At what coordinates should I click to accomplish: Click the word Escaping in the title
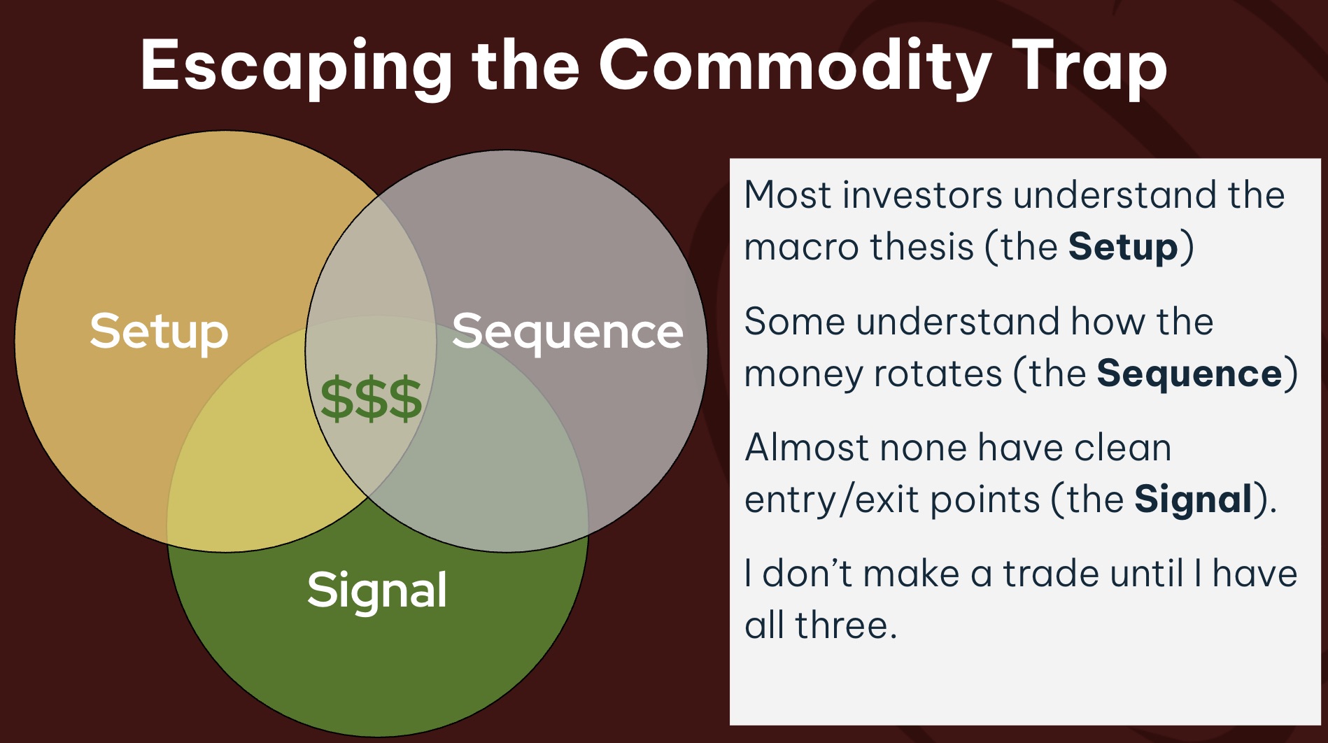point(296,67)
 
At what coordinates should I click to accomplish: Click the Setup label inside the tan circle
point(159,332)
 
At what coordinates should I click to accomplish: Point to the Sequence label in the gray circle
point(567,332)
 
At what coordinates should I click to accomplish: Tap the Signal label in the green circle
point(377,591)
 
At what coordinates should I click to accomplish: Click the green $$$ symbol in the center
point(371,398)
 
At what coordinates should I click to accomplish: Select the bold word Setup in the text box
point(1123,248)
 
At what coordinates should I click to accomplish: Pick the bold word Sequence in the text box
point(1189,374)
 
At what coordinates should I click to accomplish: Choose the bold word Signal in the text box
point(1193,500)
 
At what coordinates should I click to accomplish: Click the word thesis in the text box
point(909,247)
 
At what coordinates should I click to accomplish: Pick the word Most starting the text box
point(788,194)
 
